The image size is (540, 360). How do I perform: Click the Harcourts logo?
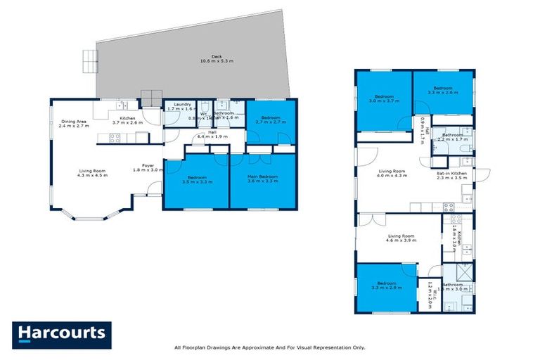(62, 335)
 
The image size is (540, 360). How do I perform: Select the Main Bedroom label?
(263, 179)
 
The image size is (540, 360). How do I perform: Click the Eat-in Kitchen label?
(452, 175)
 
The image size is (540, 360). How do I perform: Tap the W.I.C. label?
(430, 290)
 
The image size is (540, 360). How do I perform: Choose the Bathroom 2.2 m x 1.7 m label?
(452, 137)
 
